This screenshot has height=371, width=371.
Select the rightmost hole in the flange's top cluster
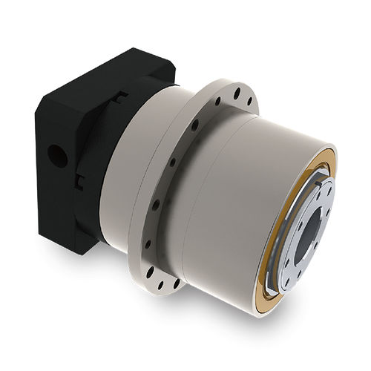249,99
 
